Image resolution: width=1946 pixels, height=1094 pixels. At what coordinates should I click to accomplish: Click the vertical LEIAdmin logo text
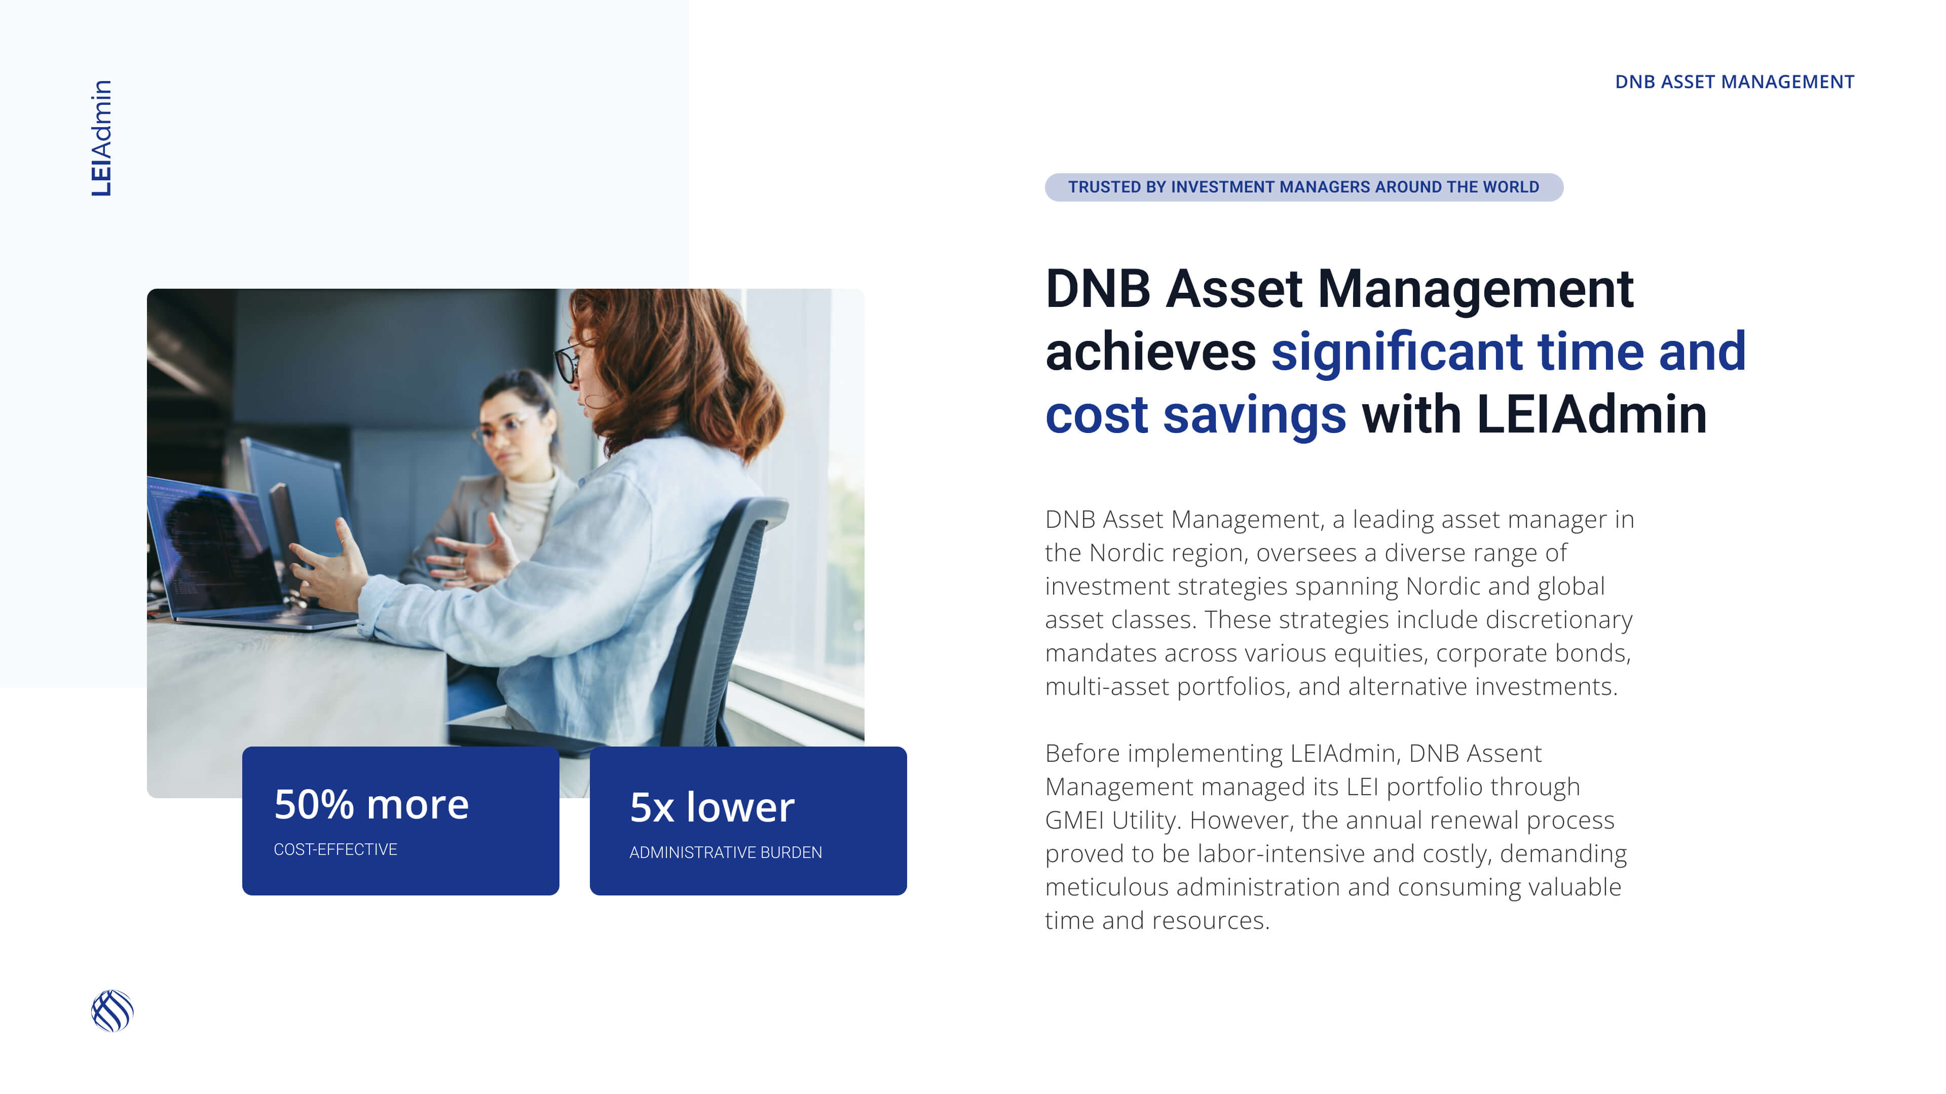(101, 138)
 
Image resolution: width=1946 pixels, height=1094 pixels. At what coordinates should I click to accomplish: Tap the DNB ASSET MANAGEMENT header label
(1735, 82)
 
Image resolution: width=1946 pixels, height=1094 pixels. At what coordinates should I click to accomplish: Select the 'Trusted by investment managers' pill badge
(1304, 187)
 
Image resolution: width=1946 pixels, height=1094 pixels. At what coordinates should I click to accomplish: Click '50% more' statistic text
(371, 804)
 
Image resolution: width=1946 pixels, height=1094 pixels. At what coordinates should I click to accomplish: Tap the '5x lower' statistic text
(712, 807)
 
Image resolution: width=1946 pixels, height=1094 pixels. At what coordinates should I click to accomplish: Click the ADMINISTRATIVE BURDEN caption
(725, 852)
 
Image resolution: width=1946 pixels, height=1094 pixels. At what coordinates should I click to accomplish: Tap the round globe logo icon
(113, 1011)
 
